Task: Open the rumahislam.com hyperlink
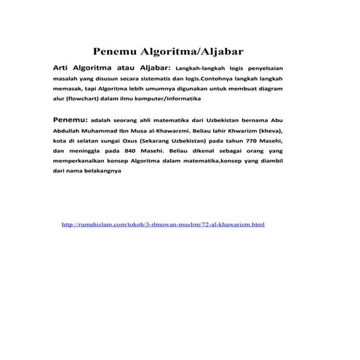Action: [164, 225]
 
